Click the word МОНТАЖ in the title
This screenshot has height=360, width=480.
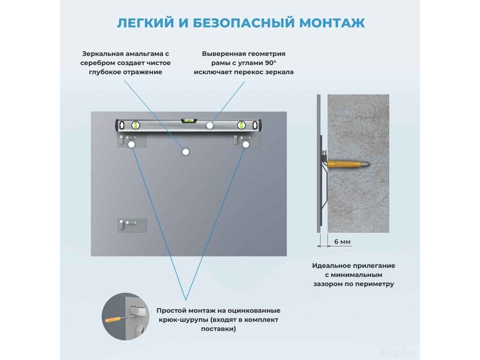coord(332,22)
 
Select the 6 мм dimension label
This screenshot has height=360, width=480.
coord(342,242)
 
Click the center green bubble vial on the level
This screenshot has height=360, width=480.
coord(189,121)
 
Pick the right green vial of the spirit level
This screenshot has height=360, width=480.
coord(241,125)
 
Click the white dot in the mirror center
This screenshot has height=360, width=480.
coord(185,151)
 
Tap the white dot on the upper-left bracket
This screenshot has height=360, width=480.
coord(131,144)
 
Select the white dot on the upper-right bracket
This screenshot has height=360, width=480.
coord(246,144)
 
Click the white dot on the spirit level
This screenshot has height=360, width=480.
coord(210,126)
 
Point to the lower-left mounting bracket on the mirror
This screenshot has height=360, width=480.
coord(131,225)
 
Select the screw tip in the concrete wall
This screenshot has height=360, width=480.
coord(368,164)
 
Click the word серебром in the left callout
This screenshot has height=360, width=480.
coord(95,63)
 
